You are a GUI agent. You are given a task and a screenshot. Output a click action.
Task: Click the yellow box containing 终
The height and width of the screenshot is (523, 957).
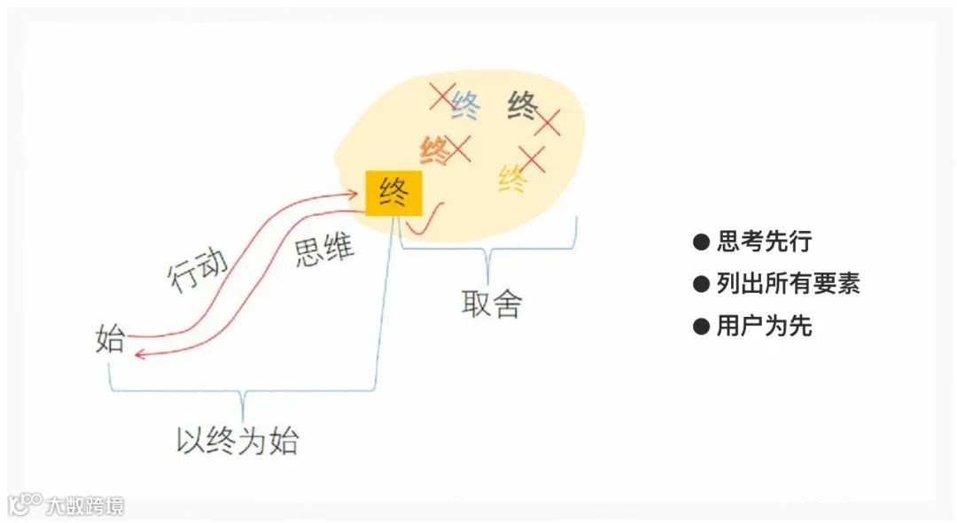pyautogui.click(x=394, y=193)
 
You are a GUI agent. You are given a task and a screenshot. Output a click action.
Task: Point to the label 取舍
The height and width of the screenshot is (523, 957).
pyautogui.click(x=492, y=304)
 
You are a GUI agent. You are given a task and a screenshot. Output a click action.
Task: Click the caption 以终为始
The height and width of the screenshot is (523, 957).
pyautogui.click(x=237, y=440)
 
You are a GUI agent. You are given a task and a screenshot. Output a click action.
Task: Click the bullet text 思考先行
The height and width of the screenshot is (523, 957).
pyautogui.click(x=763, y=241)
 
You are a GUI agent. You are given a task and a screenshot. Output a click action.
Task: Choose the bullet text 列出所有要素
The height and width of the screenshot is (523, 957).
pyautogui.click(x=788, y=283)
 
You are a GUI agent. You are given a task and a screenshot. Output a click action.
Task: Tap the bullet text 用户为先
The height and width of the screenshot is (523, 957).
pyautogui.click(x=763, y=326)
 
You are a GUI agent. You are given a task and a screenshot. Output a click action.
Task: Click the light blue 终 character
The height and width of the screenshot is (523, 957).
pyautogui.click(x=466, y=106)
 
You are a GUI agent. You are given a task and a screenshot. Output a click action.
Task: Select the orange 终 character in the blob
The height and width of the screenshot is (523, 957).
pyautogui.click(x=435, y=150)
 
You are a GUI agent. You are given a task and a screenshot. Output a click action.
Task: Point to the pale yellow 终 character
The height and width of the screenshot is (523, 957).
pyautogui.click(x=513, y=180)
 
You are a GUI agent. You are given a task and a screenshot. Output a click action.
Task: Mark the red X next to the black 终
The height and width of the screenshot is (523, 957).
pyautogui.click(x=548, y=123)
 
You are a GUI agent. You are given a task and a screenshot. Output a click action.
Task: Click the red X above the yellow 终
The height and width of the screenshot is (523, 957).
pyautogui.click(x=532, y=159)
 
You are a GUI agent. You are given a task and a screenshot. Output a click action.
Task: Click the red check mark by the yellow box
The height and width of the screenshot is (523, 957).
pyautogui.click(x=430, y=219)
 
